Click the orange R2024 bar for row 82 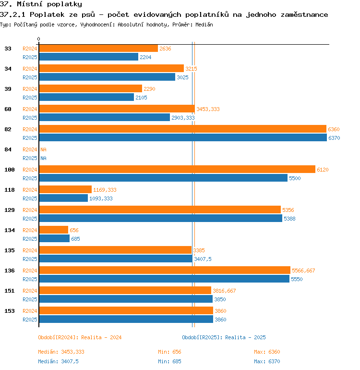183,129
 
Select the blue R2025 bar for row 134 54,238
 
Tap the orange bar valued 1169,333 65,189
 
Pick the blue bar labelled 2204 89,57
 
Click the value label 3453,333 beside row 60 208,109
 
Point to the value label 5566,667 303,271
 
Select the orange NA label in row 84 43,149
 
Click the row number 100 10,170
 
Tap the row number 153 10,311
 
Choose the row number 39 8,89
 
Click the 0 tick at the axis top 39,39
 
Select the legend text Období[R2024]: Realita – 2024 80,337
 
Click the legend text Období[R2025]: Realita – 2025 224,337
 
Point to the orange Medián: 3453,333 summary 61,352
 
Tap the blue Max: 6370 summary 267,361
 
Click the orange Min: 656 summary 169,352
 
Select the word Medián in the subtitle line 204,25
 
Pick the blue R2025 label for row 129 30,219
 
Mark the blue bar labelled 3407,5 116,259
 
